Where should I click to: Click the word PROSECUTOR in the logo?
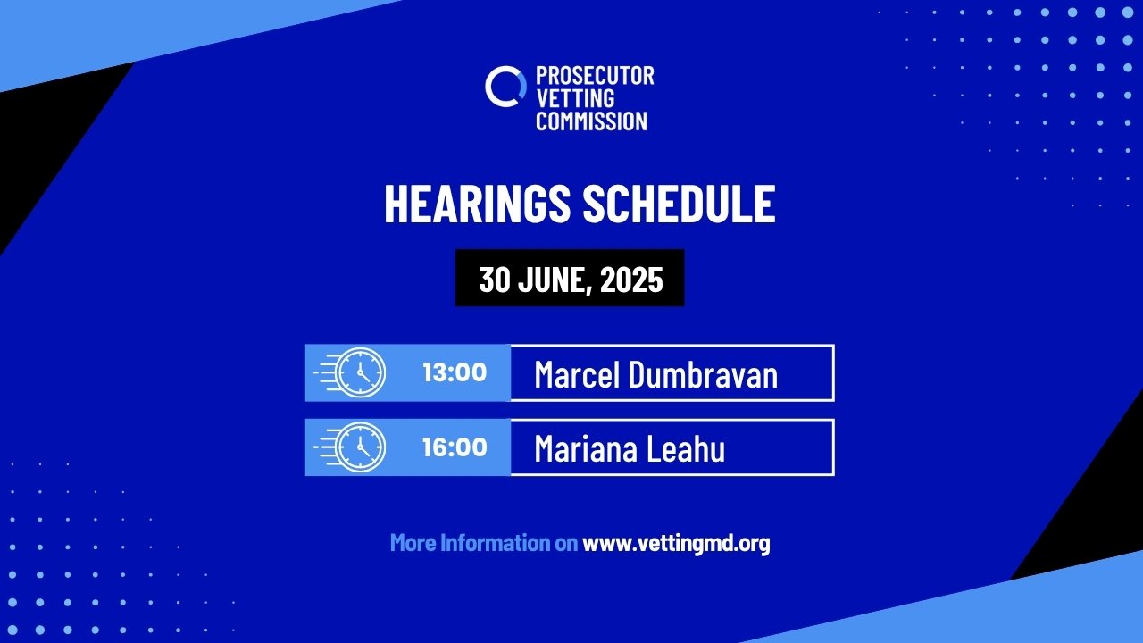595,76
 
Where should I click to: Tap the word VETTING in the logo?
576,98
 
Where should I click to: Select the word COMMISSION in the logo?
591,121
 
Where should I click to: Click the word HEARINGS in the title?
477,204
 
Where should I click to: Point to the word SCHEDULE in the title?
680,204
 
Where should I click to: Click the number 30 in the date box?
495,280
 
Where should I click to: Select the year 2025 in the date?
631,280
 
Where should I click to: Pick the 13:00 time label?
455,372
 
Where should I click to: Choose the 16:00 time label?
455,447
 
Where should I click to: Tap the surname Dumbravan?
703,374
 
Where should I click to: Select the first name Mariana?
581,448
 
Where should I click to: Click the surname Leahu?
680,448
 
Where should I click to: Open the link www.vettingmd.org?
676,543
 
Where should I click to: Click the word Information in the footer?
495,542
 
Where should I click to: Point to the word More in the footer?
413,542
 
